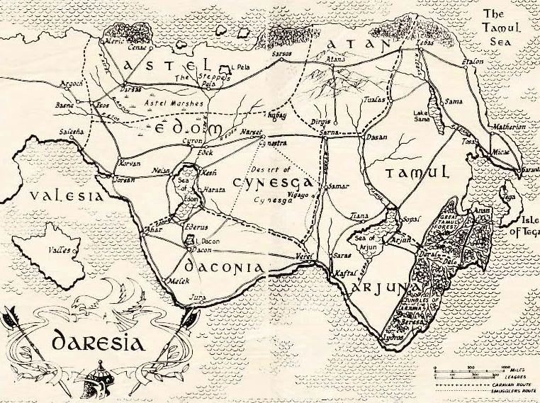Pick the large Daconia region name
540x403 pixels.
(225, 267)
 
